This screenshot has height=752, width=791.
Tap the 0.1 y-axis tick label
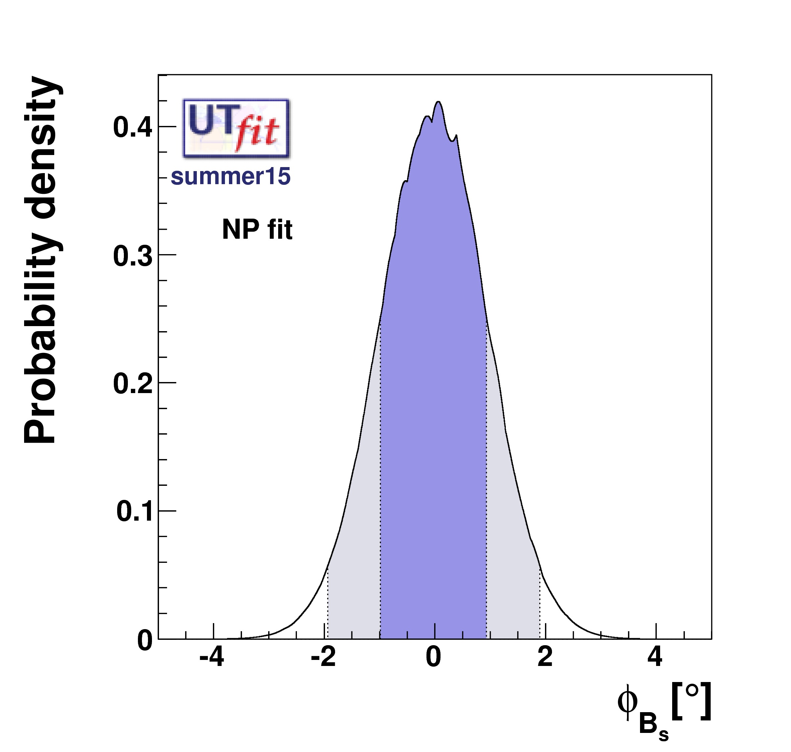[x=135, y=512]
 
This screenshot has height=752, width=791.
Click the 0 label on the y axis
[x=145, y=641]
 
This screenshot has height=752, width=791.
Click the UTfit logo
[x=236, y=128]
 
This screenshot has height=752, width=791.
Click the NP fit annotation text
[x=257, y=230]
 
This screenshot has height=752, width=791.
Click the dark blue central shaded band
[x=433, y=401]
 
